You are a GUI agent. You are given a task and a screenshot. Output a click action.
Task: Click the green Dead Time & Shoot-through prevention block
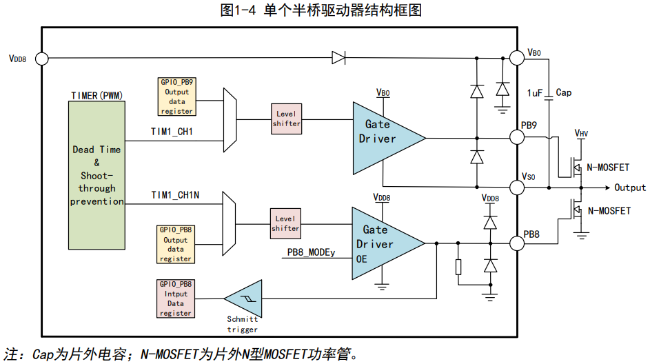point(97,175)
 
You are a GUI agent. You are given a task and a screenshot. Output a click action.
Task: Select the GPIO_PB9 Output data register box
point(176,97)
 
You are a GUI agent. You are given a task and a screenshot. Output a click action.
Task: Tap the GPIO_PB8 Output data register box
point(175,244)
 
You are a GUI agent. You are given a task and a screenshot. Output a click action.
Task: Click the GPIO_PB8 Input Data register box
point(175,299)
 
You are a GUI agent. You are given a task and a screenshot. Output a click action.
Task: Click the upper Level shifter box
point(287,119)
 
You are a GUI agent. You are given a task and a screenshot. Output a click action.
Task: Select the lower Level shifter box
point(285,224)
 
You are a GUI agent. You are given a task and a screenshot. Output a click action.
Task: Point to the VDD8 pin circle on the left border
point(42,59)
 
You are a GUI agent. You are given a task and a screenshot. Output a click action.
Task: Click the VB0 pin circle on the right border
point(517,58)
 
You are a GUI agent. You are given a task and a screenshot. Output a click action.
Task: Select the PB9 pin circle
point(517,137)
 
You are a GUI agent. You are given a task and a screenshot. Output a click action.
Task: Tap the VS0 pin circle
point(517,188)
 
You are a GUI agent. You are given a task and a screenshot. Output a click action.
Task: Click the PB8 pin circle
point(517,243)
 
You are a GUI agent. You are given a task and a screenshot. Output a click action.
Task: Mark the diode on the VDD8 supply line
point(338,58)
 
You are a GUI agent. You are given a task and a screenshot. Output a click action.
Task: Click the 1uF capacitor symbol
point(549,99)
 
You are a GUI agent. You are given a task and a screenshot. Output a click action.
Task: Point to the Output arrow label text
point(630,188)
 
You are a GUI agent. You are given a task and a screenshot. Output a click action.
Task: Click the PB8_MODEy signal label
point(311,252)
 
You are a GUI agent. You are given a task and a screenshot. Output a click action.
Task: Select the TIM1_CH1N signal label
point(175,195)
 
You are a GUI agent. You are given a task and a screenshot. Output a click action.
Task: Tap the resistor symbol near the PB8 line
point(458,267)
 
